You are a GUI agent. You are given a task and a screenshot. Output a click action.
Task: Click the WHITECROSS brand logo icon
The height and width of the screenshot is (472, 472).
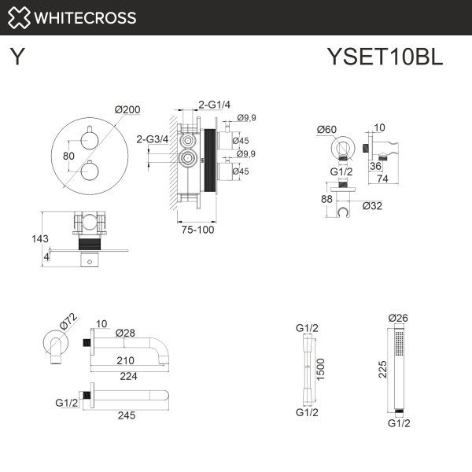(x=18, y=17)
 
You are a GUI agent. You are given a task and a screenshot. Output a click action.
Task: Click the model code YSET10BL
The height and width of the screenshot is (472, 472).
(x=385, y=57)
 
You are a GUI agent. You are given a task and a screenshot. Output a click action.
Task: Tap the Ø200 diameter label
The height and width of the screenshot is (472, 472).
(x=127, y=110)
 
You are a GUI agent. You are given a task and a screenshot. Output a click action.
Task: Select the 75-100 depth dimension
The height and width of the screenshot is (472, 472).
(x=194, y=230)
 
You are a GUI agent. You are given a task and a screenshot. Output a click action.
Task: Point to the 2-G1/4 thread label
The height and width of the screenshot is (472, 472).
(x=213, y=104)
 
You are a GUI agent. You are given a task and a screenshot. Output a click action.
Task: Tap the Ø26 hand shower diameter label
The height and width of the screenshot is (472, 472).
(x=400, y=319)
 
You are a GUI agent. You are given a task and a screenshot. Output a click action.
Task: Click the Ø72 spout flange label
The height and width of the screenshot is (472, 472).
(x=68, y=322)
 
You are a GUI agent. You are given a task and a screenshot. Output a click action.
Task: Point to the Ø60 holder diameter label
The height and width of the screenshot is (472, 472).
(x=327, y=129)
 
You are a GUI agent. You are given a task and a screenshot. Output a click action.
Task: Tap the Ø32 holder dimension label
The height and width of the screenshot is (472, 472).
(x=373, y=206)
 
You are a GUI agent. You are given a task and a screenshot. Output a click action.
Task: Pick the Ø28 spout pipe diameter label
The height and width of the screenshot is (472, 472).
(x=127, y=334)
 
